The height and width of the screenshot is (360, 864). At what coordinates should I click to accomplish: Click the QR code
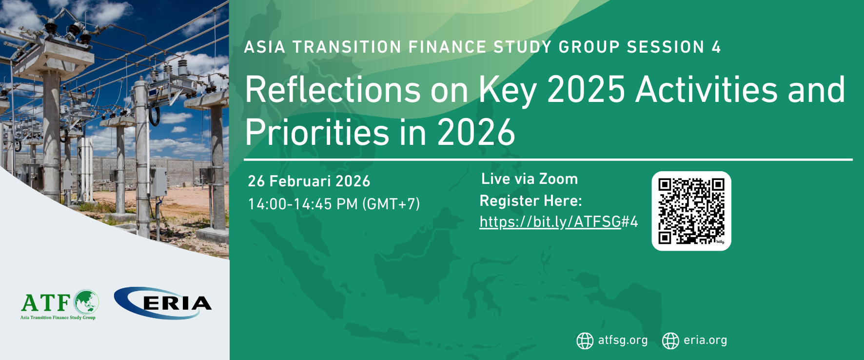[x=691, y=211]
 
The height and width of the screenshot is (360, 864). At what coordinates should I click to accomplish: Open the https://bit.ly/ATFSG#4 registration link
[x=559, y=222]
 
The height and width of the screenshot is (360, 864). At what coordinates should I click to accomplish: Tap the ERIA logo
[x=163, y=303]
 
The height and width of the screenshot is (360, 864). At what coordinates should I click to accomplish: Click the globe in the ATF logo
[x=86, y=302]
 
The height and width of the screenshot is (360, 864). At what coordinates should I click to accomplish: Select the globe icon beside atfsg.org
[x=585, y=340]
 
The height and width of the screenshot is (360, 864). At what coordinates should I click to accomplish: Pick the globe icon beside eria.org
[x=670, y=340]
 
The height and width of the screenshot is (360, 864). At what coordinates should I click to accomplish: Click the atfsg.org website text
[x=623, y=340]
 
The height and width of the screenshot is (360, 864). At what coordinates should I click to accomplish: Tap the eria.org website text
[x=705, y=340]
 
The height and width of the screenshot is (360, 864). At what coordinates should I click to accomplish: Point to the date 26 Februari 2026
[x=309, y=181]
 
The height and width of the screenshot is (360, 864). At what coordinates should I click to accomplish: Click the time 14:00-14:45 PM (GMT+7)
[x=334, y=204]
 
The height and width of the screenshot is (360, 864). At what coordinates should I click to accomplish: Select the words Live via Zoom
[x=530, y=179]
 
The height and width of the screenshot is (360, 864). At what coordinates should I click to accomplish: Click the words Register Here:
[x=531, y=201]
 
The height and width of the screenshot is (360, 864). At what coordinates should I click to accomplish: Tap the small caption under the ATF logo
[x=58, y=318]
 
